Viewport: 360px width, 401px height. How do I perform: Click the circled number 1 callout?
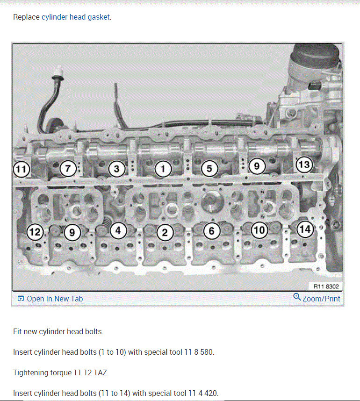pos(163,169)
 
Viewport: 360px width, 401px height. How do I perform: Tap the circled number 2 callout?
pos(165,232)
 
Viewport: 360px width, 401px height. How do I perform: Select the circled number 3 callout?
pos(116,169)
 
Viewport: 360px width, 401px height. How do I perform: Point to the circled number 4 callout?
pos(118,230)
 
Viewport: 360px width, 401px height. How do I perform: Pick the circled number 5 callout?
pos(209,168)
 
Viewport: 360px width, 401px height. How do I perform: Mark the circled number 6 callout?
pos(211,231)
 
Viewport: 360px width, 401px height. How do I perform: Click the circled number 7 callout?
pos(68,168)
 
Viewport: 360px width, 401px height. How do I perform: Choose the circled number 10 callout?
pos(259,230)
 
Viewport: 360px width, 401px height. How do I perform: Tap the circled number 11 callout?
pos(21,169)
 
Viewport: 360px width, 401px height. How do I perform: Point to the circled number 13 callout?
pos(303,165)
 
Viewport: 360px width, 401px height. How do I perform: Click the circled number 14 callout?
pos(305,229)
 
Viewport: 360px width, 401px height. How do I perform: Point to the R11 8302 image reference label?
pos(325,286)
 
